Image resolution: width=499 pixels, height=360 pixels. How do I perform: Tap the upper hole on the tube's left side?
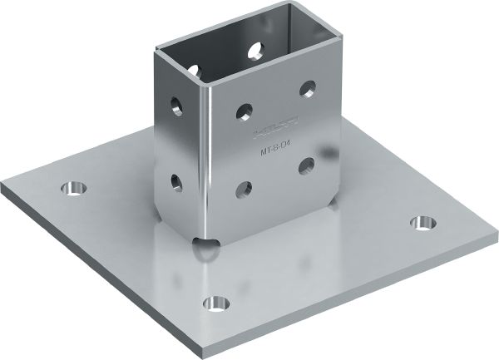tap(176, 105)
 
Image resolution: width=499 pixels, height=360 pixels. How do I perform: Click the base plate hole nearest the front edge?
tap(218, 300)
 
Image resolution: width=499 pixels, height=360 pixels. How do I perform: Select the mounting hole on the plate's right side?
tap(426, 223)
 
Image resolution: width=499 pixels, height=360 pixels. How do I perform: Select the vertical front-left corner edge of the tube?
tap(209, 158)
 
